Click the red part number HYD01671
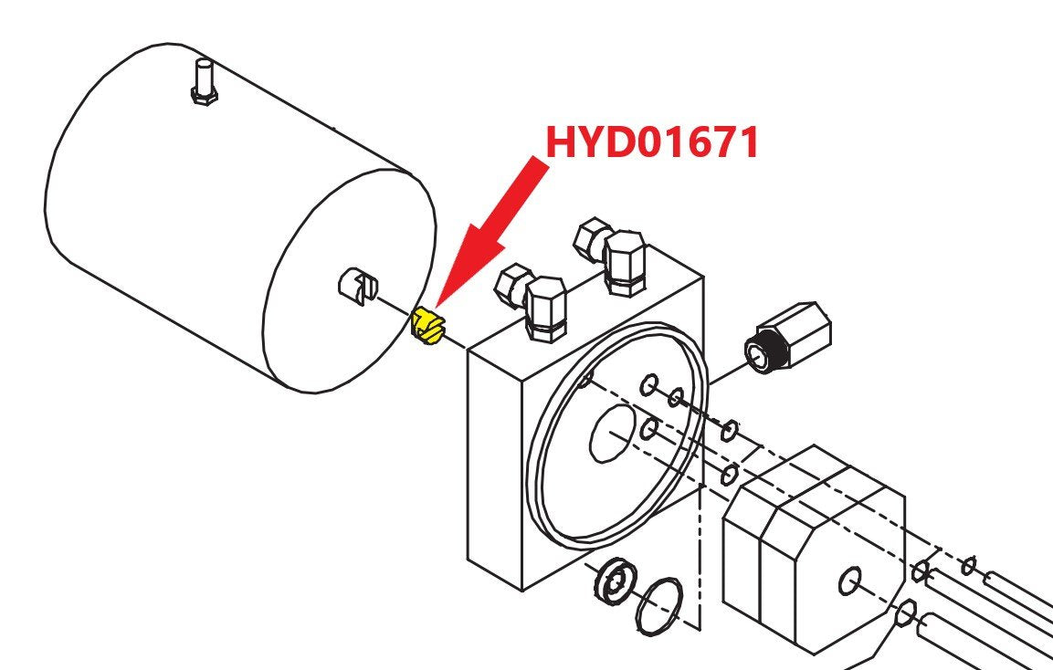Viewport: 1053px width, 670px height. [x=652, y=141]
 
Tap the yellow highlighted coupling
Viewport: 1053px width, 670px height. [x=428, y=327]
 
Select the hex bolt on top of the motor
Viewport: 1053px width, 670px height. [x=203, y=82]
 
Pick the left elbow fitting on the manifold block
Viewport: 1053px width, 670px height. [x=532, y=299]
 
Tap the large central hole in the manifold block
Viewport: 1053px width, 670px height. [x=612, y=434]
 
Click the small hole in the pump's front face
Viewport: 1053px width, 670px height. [x=849, y=581]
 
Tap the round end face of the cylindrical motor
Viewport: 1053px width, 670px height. [x=349, y=280]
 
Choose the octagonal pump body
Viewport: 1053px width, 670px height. [x=814, y=549]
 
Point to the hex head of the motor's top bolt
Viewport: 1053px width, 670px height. [x=203, y=97]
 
